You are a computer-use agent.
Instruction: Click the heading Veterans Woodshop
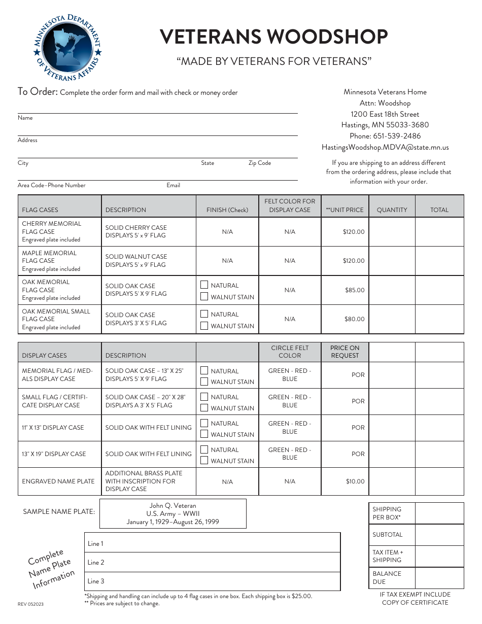(x=274, y=37)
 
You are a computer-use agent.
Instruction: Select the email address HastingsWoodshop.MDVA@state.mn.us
(x=385, y=148)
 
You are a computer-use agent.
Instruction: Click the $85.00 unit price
(x=354, y=290)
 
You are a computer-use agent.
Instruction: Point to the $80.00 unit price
(x=354, y=319)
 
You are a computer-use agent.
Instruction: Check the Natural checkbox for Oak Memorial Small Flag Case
(x=204, y=315)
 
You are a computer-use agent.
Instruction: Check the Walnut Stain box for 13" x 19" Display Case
(x=204, y=461)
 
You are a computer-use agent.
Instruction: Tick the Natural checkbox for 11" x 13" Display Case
(x=204, y=423)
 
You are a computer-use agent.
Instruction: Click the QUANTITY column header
(x=392, y=210)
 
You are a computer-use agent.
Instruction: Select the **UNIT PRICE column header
(x=345, y=210)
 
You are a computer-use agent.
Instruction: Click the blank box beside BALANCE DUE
(x=439, y=577)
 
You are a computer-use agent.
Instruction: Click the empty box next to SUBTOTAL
(x=439, y=535)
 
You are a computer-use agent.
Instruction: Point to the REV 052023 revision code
(x=30, y=604)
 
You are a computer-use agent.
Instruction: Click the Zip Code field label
(x=259, y=163)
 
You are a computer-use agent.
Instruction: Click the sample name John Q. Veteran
(x=173, y=506)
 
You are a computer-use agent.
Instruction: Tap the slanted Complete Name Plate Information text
(x=51, y=568)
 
